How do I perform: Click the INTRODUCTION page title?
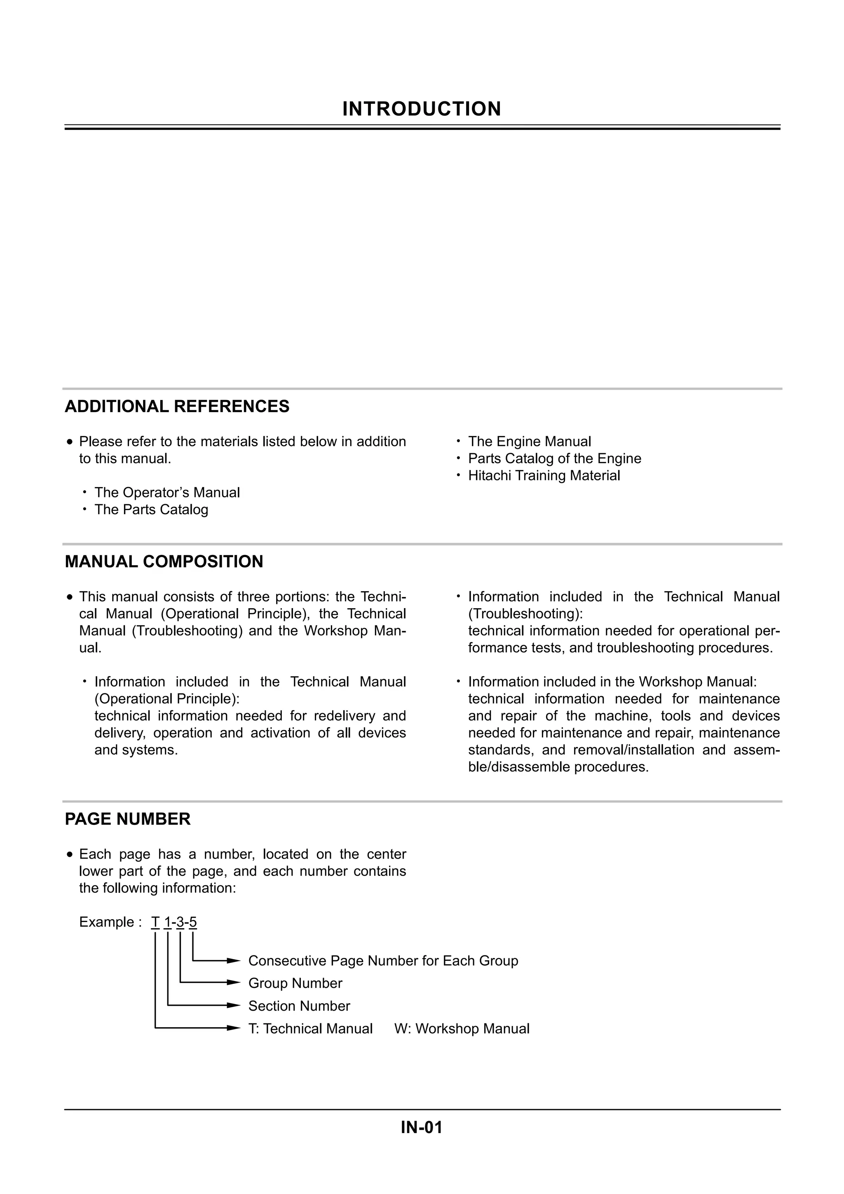(421, 109)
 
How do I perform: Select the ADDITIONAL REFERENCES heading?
(177, 407)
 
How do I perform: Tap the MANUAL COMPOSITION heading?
(164, 562)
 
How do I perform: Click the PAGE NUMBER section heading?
(127, 819)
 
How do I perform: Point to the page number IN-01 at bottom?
(421, 1127)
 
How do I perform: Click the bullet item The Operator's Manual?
(167, 492)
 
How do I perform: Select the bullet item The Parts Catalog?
(151, 510)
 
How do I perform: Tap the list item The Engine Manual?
(530, 442)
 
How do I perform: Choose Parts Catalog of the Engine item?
(554, 459)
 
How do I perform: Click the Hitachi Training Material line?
(544, 476)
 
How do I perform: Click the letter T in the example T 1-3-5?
(155, 922)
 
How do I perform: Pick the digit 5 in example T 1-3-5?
(193, 922)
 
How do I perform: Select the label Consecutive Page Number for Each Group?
(383, 961)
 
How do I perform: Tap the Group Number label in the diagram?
(295, 983)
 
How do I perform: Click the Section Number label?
(299, 1006)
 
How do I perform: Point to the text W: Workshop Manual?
(462, 1029)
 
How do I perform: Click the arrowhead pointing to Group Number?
(234, 983)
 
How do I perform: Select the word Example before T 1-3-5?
(107, 922)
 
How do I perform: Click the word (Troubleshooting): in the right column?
(525, 614)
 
